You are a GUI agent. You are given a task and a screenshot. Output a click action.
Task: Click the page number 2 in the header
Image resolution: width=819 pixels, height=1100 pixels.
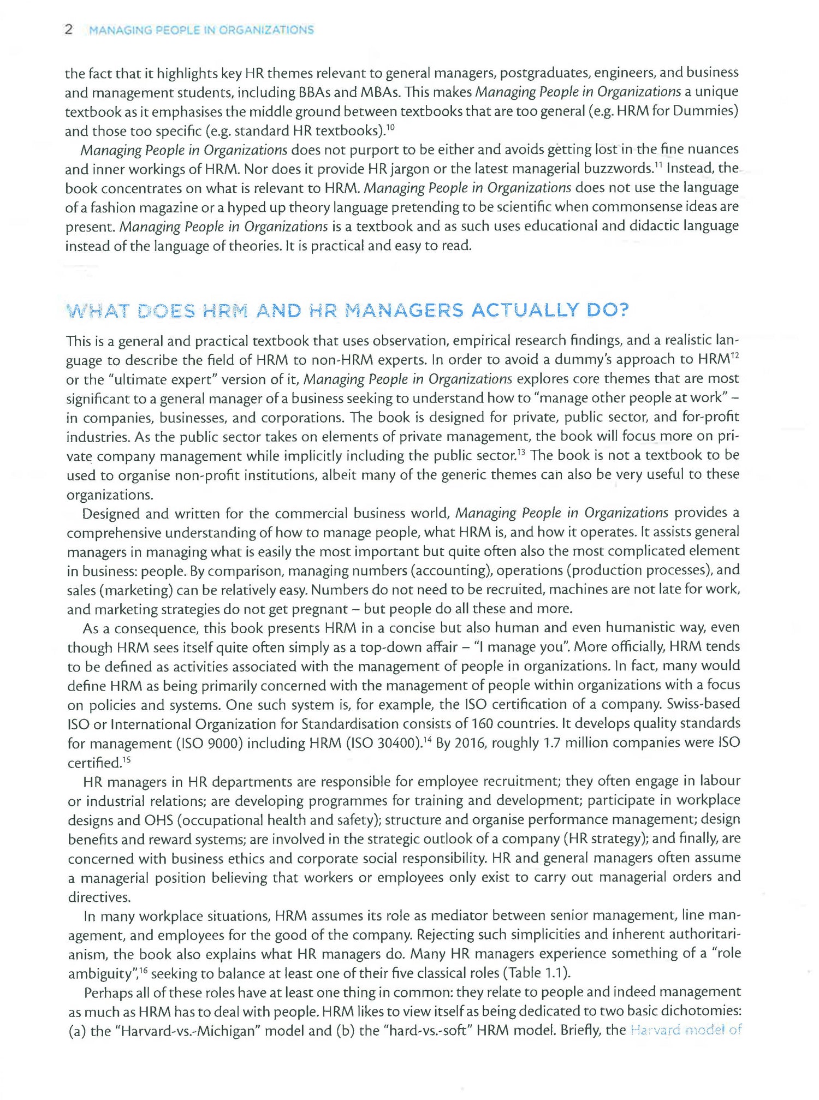point(69,29)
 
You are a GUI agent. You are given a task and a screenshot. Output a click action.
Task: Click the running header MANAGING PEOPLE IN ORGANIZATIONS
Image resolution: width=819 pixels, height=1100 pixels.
point(201,30)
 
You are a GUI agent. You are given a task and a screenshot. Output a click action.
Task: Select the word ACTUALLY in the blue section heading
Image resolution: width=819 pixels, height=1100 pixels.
point(525,311)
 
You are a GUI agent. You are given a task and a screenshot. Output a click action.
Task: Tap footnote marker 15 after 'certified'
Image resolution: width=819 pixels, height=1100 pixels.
point(126,759)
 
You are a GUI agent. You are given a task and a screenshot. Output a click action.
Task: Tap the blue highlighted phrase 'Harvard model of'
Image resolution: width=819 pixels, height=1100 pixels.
point(686,1031)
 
